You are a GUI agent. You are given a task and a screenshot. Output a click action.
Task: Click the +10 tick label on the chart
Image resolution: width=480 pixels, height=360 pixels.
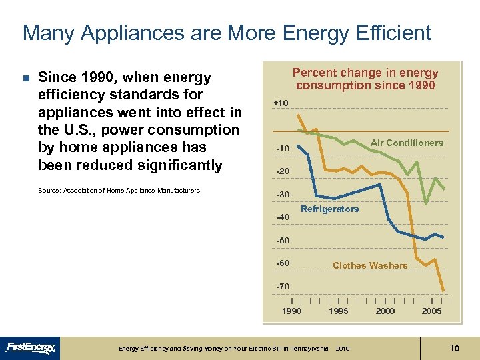(281, 103)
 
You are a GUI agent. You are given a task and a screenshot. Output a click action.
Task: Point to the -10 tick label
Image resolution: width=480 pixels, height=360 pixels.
(282, 148)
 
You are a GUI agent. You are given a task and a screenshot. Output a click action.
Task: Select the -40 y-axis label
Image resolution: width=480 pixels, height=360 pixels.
(282, 217)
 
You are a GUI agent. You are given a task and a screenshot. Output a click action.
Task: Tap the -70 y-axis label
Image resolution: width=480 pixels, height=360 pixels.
(282, 287)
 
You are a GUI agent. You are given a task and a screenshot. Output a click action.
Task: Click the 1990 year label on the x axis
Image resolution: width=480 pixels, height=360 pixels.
(292, 311)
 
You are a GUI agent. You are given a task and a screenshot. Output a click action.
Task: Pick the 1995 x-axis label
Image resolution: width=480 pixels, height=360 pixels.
(339, 311)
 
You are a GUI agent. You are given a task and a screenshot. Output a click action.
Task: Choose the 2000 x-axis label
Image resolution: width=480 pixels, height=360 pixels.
(385, 311)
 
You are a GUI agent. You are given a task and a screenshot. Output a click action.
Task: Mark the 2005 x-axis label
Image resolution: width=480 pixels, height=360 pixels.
(432, 311)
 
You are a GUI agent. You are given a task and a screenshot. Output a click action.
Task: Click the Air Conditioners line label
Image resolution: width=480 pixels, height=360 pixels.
(407, 143)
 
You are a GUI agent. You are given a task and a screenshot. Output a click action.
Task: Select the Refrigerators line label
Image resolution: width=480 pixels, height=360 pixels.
(329, 209)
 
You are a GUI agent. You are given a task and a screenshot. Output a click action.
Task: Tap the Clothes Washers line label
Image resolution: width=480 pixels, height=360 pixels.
(369, 266)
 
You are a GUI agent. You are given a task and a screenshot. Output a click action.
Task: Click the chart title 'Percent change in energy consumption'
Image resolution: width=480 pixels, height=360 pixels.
(365, 79)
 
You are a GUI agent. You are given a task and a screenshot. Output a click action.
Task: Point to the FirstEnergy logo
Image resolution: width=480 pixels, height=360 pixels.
(31, 347)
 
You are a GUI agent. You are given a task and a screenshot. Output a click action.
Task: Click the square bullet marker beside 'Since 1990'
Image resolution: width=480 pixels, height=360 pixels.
(26, 79)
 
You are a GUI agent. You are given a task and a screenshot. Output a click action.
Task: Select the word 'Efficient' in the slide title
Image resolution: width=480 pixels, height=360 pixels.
(391, 33)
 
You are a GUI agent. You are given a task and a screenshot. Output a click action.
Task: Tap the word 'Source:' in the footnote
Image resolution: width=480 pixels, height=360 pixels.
(49, 191)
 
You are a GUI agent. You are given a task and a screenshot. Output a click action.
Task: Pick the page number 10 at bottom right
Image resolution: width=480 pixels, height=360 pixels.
(455, 348)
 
